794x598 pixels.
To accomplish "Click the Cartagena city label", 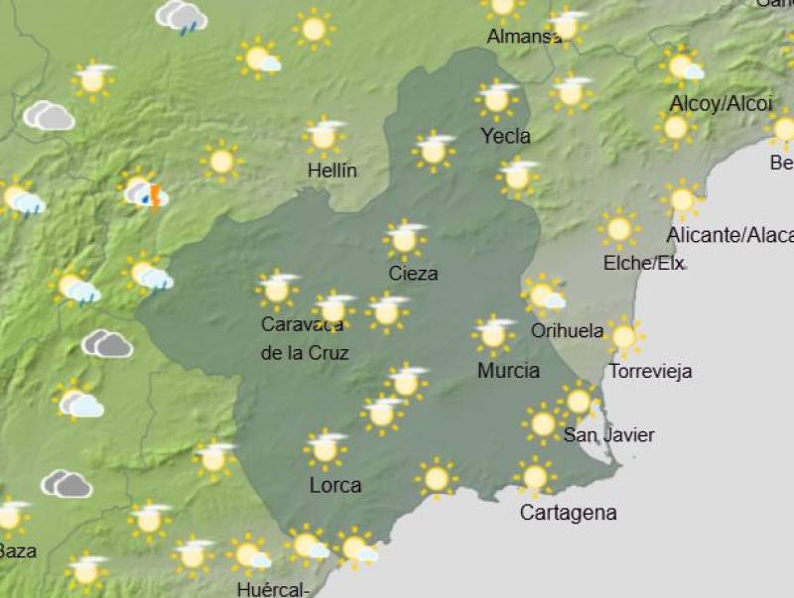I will point(568,513).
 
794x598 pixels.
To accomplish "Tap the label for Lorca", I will point(335,486).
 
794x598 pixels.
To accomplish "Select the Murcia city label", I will point(508,371).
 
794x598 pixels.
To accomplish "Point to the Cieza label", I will point(413,274).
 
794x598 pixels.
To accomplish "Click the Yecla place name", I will point(505,136).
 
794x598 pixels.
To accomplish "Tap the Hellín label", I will point(332,171).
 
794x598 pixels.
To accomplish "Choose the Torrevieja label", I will point(650,372).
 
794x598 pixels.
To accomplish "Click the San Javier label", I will point(608,434).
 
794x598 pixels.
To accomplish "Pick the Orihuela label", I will point(568,331).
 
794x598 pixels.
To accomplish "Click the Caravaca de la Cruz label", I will point(305,338).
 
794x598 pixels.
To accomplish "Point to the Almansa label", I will point(524,37).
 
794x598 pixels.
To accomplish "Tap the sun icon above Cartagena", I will point(535,477).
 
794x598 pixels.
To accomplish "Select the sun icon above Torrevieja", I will point(623,337).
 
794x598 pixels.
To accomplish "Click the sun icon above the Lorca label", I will point(326,449).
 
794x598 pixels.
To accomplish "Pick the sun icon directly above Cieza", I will point(404,239).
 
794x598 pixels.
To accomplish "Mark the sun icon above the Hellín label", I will point(324,137).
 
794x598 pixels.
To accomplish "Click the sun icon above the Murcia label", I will point(493,335).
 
